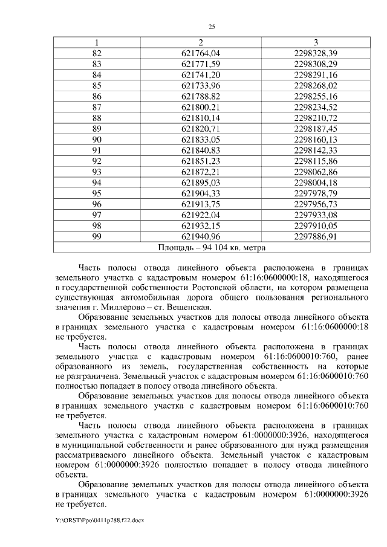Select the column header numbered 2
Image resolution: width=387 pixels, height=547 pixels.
point(200,42)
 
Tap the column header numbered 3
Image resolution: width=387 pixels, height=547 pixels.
point(316,42)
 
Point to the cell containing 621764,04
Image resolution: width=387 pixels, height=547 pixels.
point(200,53)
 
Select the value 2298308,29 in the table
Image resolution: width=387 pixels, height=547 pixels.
point(316,63)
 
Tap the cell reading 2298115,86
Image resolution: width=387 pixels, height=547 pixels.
point(316,161)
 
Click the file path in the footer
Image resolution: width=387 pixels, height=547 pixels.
point(100,520)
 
